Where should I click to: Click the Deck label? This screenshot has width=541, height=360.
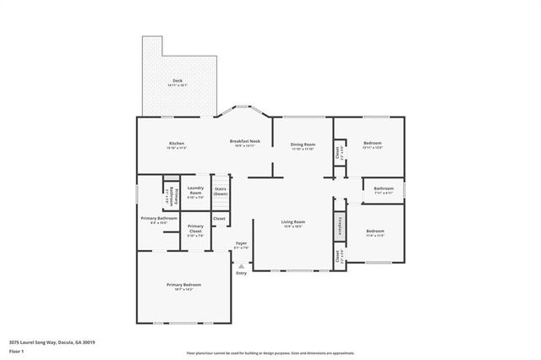(x=178, y=82)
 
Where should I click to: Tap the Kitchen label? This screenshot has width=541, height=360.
(x=176, y=144)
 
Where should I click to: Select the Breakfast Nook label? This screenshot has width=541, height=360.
(x=244, y=142)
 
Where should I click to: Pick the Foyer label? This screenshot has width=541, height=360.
(x=241, y=243)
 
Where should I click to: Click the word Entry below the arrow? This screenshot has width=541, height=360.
(x=241, y=273)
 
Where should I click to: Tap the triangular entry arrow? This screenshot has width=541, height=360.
(x=241, y=265)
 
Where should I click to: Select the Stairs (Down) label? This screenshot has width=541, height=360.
(x=220, y=191)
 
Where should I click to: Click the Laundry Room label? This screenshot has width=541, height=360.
(x=195, y=191)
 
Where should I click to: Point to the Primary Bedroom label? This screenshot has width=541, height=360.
(x=183, y=285)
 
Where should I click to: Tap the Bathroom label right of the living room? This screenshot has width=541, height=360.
(x=384, y=188)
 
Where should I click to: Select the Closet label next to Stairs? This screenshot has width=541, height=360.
(x=219, y=219)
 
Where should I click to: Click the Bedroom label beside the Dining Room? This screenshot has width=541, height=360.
(x=373, y=144)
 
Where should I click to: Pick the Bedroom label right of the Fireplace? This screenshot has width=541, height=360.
(x=375, y=232)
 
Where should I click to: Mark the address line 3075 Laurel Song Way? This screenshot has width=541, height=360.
(x=52, y=342)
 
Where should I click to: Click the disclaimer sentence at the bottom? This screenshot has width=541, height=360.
(x=270, y=352)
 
